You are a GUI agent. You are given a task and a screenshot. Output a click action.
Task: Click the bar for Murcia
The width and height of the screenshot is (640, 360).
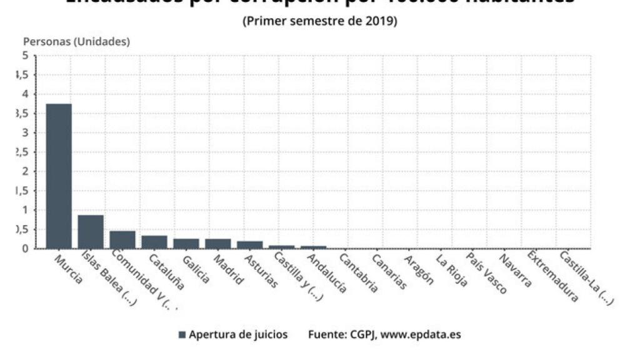59,176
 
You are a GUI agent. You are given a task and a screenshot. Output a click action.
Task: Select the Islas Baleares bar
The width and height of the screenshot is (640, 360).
91,231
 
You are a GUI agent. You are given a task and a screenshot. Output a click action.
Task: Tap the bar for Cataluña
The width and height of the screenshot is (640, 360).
154,241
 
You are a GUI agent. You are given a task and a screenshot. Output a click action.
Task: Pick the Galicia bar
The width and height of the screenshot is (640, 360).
186,243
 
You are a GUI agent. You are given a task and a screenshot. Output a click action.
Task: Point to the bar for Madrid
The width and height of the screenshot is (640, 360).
218,243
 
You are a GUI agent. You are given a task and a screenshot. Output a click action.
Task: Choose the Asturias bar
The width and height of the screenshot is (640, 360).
250,244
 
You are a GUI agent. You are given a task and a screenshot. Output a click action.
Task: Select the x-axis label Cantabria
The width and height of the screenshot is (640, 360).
358,272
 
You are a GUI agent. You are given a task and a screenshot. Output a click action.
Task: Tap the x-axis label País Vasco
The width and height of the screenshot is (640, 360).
486,273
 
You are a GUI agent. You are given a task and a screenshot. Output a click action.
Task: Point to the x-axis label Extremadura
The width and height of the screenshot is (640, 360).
552,276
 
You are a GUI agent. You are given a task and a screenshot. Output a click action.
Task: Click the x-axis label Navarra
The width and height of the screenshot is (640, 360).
517,269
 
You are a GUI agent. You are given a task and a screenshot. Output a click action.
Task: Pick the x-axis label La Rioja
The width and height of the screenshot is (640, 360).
451,269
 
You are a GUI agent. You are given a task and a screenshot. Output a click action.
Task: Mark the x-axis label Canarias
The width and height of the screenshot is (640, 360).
389,271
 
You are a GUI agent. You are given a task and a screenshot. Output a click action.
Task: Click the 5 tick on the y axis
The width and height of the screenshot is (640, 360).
25,56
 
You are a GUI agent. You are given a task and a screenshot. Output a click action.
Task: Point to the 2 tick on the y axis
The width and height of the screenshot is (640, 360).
25,171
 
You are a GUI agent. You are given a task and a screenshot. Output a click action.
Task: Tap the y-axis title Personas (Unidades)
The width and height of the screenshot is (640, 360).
76,42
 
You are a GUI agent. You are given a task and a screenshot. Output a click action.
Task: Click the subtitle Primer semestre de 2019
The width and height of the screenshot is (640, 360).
320,21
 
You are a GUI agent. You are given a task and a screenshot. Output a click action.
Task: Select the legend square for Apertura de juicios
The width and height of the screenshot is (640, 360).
182,335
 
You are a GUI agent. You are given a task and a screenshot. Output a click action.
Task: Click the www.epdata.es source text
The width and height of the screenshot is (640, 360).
421,334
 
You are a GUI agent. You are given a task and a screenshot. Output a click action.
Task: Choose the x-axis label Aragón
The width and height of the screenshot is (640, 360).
419,269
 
